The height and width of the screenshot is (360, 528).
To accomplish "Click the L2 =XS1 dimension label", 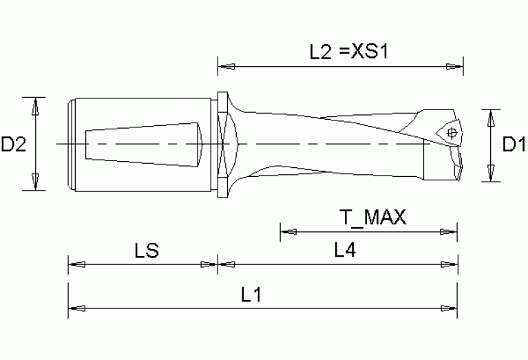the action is coord(349,52).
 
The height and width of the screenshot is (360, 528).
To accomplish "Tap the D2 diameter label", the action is coord(14,144).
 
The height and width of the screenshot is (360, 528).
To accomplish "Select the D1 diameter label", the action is coord(514,145).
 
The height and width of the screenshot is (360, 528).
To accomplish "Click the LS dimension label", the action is coord(147,251).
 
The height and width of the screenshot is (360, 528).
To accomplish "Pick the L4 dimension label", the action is coord(345,250).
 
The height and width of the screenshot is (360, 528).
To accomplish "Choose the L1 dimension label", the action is coord(251,295).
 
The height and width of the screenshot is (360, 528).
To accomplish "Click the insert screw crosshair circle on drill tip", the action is coord(452,134).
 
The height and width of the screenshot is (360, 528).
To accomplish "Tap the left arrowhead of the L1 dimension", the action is coord(77,308).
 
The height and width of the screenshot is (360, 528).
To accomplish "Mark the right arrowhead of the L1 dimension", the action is coord(449,308).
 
